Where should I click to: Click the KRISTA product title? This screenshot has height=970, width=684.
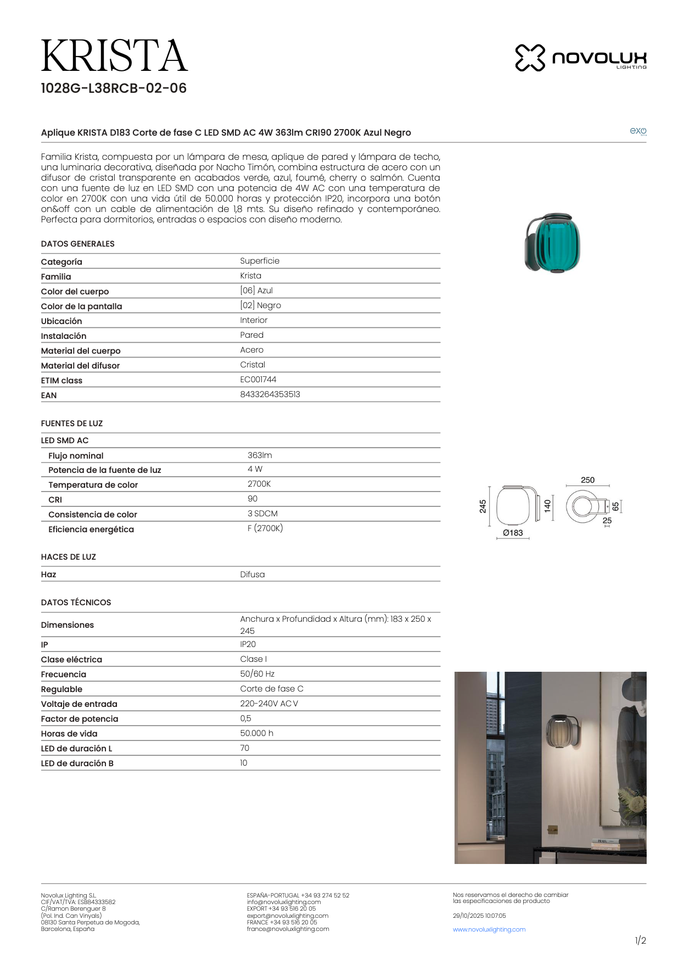tap(114, 56)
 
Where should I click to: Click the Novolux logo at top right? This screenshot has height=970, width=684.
tap(580, 58)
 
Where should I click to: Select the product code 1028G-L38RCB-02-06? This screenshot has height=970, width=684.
tap(114, 88)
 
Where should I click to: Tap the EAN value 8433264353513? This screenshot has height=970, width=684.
tap(270, 394)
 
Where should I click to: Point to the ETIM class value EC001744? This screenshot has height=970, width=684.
tap(258, 380)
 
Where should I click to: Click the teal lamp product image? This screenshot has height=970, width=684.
tap(553, 243)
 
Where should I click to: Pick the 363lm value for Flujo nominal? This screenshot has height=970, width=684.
tap(260, 455)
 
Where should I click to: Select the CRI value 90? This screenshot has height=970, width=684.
tap(253, 499)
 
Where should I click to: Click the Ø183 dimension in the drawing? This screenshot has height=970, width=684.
tap(513, 533)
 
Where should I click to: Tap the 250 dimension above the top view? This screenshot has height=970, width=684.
tap(587, 480)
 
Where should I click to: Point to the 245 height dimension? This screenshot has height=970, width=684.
tap(483, 506)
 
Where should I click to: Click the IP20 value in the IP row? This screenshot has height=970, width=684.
tap(248, 644)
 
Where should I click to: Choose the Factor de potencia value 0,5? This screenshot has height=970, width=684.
tap(245, 718)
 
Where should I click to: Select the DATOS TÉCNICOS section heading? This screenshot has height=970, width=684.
tap(76, 603)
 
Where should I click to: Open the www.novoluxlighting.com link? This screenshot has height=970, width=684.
tap(489, 929)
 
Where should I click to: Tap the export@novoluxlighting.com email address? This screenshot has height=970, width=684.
tap(288, 916)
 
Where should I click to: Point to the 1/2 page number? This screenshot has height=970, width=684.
tap(640, 941)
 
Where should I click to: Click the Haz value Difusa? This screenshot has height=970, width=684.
tap(253, 575)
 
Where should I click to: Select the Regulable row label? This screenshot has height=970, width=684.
tap(61, 689)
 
